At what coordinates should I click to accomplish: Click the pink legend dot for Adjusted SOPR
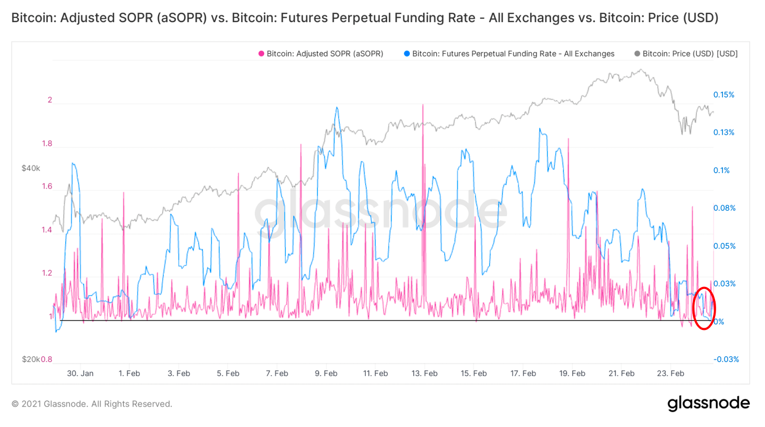click(261, 54)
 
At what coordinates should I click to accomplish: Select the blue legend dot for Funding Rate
click(407, 54)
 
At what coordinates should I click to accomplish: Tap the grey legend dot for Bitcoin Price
click(637, 54)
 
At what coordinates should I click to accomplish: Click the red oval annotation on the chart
click(704, 309)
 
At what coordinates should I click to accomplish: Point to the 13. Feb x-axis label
click(425, 373)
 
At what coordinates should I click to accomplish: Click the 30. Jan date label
click(80, 373)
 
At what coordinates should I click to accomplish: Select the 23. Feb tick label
click(670, 373)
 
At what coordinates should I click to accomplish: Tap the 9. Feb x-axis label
click(326, 373)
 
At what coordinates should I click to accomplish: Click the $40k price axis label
click(30, 168)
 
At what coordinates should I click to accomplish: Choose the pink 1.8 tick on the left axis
click(47, 143)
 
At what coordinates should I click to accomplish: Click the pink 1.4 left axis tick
click(47, 230)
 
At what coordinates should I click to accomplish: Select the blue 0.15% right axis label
click(723, 95)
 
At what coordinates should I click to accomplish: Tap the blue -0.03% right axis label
click(726, 359)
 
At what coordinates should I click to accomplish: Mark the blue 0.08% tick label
click(723, 208)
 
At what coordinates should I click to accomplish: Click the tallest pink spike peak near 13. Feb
click(422, 104)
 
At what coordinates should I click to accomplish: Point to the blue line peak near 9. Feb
click(336, 108)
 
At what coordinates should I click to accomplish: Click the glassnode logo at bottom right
click(708, 403)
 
